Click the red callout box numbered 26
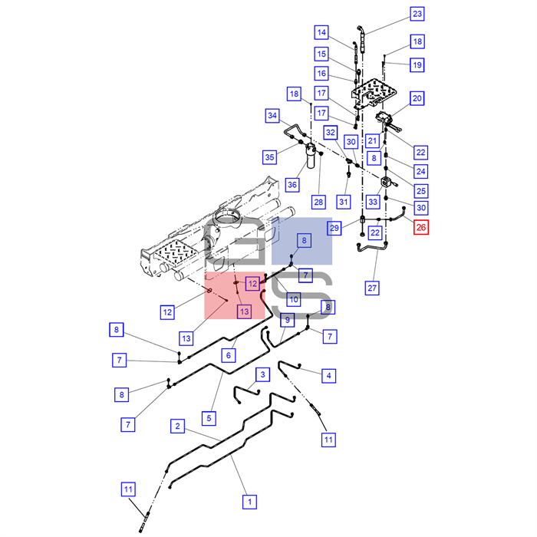pyautogui.click(x=421, y=227)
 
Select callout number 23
pyautogui.click(x=417, y=14)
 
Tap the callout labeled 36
pyautogui.click(x=292, y=185)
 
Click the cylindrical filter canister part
pyautogui.click(x=311, y=156)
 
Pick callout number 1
pyautogui.click(x=249, y=502)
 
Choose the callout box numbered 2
pyautogui.click(x=177, y=426)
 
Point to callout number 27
pyautogui.click(x=372, y=288)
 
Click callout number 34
pyautogui.click(x=272, y=116)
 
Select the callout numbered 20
pyautogui.click(x=417, y=98)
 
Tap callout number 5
pyautogui.click(x=209, y=418)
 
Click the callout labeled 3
pyautogui.click(x=262, y=374)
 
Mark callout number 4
pyautogui.click(x=329, y=376)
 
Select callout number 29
pyautogui.click(x=334, y=228)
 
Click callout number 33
pyautogui.click(x=373, y=202)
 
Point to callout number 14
pyautogui.click(x=321, y=32)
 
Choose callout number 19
pyautogui.click(x=417, y=65)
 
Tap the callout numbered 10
pyautogui.click(x=294, y=299)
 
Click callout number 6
pyautogui.click(x=229, y=355)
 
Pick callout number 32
pyautogui.click(x=331, y=132)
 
